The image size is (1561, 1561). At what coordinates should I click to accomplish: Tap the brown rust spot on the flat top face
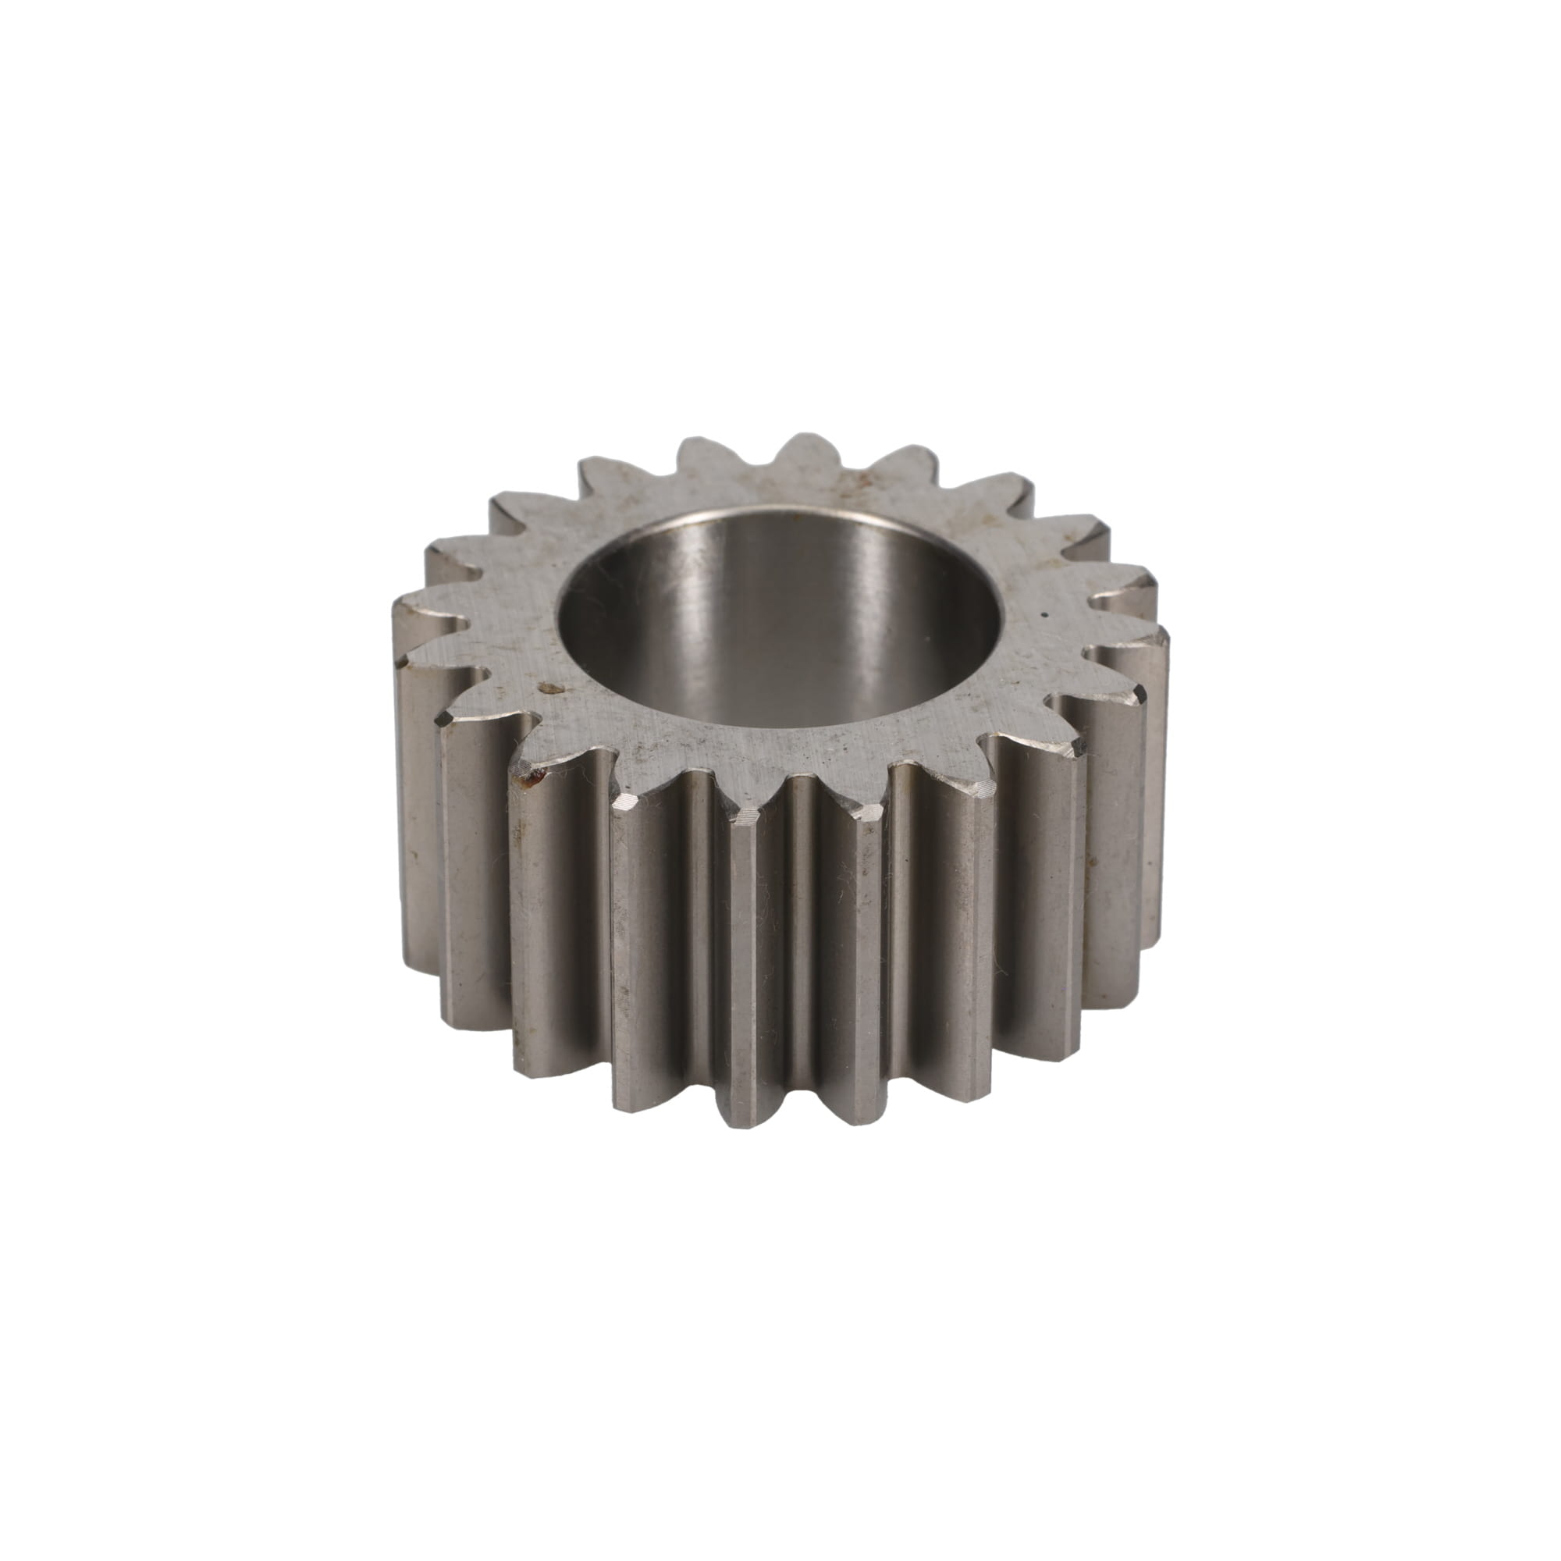pos(552,688)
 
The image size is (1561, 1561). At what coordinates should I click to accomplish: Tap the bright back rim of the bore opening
pos(776,509)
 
